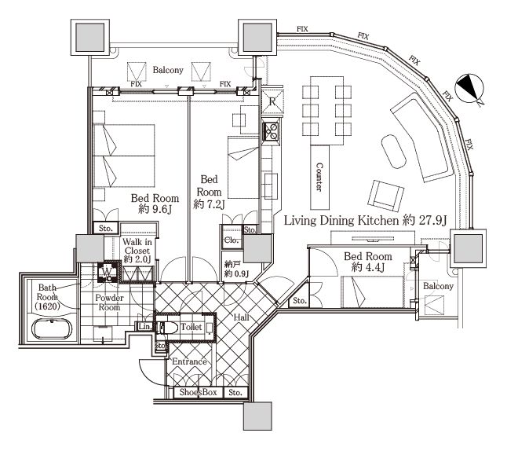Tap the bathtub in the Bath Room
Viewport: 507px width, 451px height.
52,329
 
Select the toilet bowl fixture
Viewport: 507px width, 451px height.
167,328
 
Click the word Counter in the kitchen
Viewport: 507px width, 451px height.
319,177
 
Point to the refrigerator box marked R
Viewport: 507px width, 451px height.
272,101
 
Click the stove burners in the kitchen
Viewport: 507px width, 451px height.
271,131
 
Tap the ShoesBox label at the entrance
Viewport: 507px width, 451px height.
198,392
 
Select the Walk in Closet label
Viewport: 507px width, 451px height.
137,251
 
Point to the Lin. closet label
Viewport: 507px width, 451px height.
145,326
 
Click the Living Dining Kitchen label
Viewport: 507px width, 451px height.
366,221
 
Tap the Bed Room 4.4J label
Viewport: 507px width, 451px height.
368,262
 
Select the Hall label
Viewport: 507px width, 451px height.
241,317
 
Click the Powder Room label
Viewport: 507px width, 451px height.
109,302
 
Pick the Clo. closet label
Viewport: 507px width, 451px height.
232,240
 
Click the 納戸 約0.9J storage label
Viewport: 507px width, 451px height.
236,269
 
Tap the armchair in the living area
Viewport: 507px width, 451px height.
386,196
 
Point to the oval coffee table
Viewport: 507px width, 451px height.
393,152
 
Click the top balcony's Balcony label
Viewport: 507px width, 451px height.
168,70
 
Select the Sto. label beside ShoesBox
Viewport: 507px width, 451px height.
235,392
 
